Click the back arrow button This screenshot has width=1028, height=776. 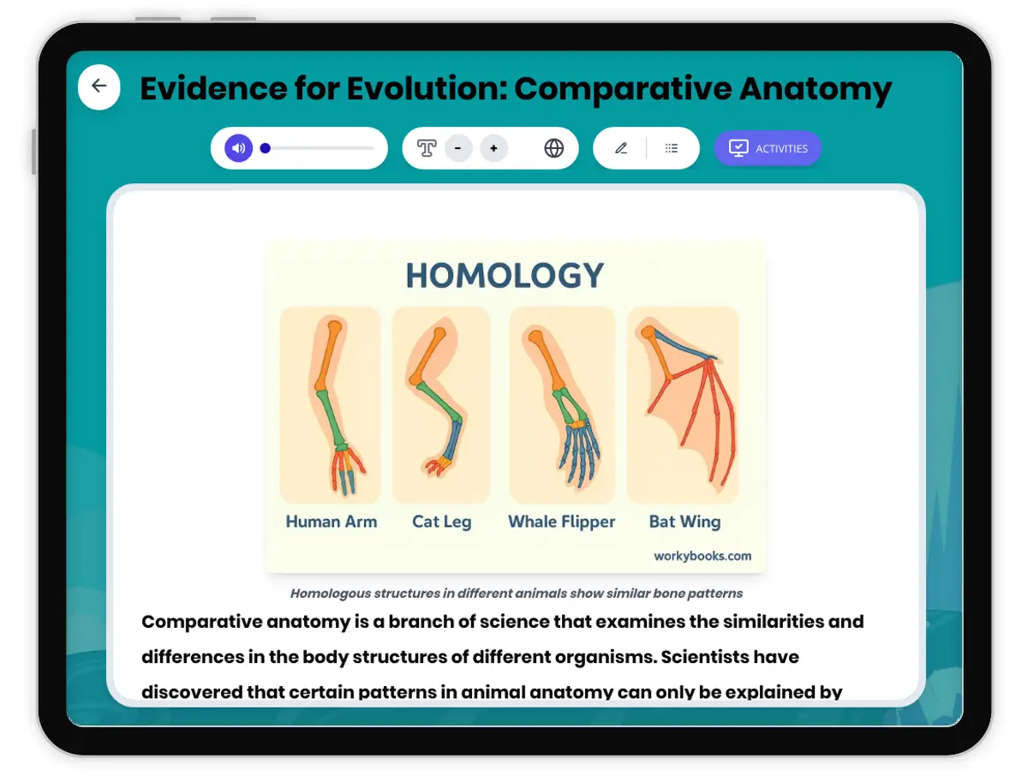(99, 87)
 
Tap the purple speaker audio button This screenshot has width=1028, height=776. (239, 148)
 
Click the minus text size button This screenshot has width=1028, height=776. (458, 148)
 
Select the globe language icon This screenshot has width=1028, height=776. (554, 148)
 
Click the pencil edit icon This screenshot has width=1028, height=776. (621, 148)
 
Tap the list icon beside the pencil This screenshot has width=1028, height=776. (672, 148)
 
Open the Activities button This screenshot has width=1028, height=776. (768, 148)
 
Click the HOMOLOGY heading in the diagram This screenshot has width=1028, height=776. (505, 276)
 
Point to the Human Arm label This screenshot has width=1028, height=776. (332, 522)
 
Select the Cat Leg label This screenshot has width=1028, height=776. (441, 522)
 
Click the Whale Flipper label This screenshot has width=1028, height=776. (561, 522)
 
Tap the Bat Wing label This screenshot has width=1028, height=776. (684, 522)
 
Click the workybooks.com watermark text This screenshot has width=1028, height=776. (702, 556)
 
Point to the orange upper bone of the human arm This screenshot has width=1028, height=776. (327, 355)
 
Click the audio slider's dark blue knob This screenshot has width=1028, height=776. (266, 148)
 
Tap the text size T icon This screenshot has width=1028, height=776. (427, 148)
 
